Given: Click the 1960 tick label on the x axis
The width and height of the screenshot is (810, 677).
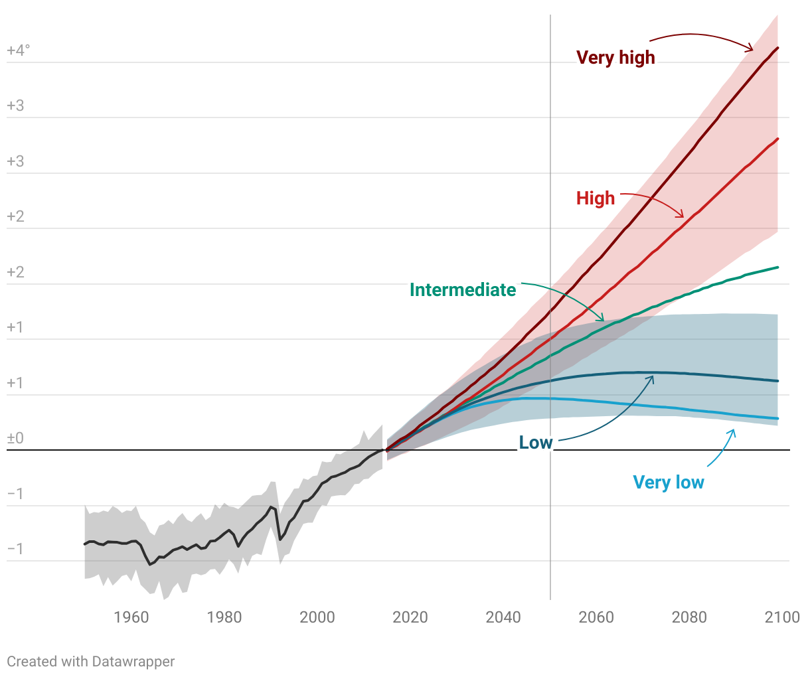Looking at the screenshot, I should pyautogui.click(x=131, y=617).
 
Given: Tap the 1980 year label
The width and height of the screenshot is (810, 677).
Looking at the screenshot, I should pyautogui.click(x=224, y=617).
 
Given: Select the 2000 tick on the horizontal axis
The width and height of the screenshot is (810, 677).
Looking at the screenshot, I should pyautogui.click(x=317, y=617).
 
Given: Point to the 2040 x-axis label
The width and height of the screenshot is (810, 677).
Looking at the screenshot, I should pyautogui.click(x=503, y=617).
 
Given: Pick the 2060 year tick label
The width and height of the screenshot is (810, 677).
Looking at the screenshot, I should pyautogui.click(x=596, y=617).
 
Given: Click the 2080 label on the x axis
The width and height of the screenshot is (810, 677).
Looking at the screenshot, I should pyautogui.click(x=689, y=617).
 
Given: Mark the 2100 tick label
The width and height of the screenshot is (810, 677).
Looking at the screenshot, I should pyautogui.click(x=782, y=617).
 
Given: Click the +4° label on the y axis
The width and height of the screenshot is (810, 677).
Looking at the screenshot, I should pyautogui.click(x=18, y=50).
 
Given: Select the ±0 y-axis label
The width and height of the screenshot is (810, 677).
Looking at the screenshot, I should pyautogui.click(x=15, y=438).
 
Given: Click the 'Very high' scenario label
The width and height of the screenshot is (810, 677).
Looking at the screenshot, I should pyautogui.click(x=615, y=58).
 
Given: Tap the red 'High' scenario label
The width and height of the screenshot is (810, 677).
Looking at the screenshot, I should pyautogui.click(x=596, y=198).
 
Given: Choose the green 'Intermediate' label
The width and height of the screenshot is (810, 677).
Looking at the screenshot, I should pyautogui.click(x=463, y=290).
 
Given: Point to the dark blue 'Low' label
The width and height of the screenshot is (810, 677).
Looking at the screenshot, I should pyautogui.click(x=536, y=443).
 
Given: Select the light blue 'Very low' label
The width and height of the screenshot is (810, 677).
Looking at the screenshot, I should pyautogui.click(x=669, y=483).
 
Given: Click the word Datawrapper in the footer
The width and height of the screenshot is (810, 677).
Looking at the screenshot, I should pyautogui.click(x=133, y=662).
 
